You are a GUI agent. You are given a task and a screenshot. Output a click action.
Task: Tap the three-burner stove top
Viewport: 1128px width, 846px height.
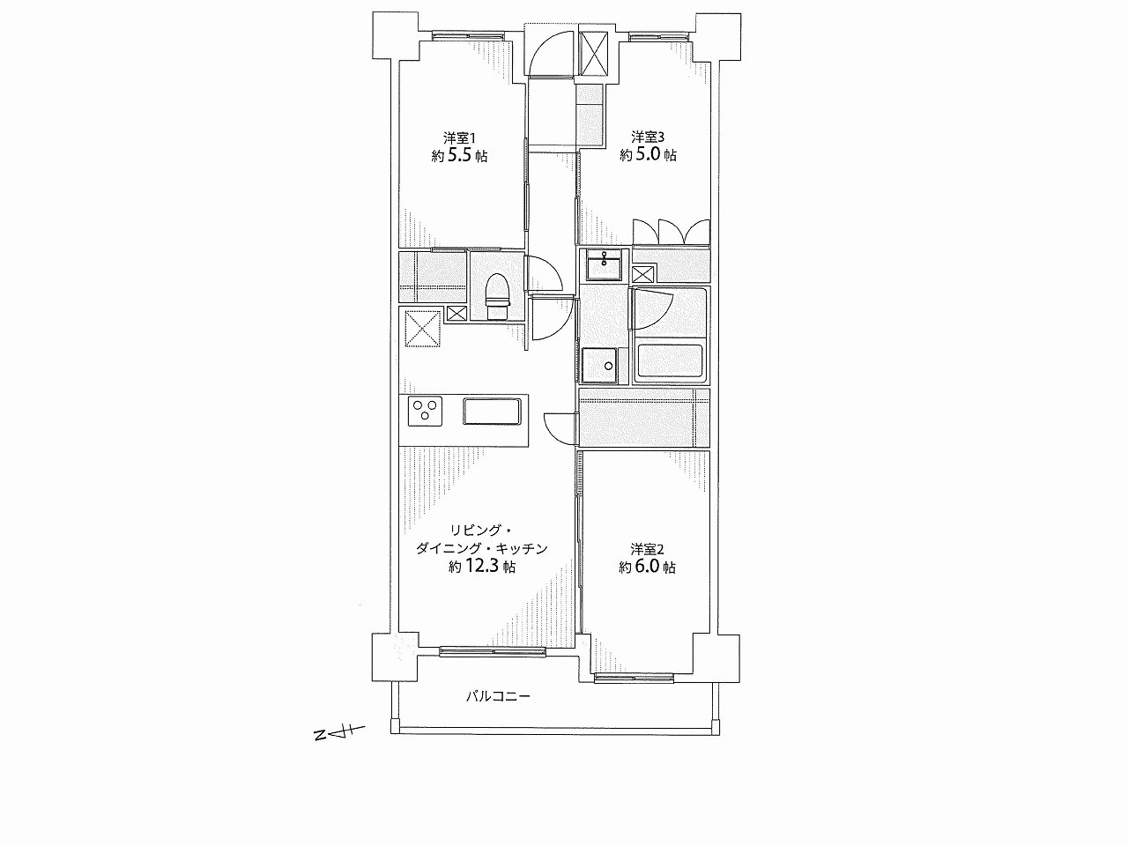click(425, 412)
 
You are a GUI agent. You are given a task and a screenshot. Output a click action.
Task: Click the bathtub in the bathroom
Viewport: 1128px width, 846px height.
click(670, 360)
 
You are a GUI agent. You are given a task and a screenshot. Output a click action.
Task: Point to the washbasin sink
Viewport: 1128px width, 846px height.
click(604, 264)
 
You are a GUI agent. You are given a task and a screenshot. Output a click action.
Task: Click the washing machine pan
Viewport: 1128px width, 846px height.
click(601, 366)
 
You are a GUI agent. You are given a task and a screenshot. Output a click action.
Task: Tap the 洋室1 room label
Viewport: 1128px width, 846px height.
click(459, 137)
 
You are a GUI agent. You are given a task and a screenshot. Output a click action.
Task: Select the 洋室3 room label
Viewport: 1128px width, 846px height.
click(648, 137)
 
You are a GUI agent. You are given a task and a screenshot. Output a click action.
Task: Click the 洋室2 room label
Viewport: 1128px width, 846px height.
click(648, 549)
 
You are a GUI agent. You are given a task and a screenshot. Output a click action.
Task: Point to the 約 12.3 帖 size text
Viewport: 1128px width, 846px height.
click(482, 566)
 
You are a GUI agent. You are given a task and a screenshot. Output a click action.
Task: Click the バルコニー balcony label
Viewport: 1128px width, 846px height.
click(497, 696)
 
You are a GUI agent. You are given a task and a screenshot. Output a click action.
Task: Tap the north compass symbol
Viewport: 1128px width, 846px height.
click(338, 732)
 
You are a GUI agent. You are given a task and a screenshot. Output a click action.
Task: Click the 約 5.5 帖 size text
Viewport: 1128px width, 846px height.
click(459, 155)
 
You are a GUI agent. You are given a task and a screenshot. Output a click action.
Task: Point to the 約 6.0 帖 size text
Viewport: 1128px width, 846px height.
click(648, 567)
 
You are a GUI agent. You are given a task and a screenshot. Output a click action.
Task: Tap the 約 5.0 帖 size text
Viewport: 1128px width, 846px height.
click(648, 154)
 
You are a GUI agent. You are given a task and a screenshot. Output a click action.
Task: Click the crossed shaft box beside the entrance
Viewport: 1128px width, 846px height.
click(593, 54)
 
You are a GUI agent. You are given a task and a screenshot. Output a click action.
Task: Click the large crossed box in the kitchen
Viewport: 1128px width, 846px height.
click(423, 327)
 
